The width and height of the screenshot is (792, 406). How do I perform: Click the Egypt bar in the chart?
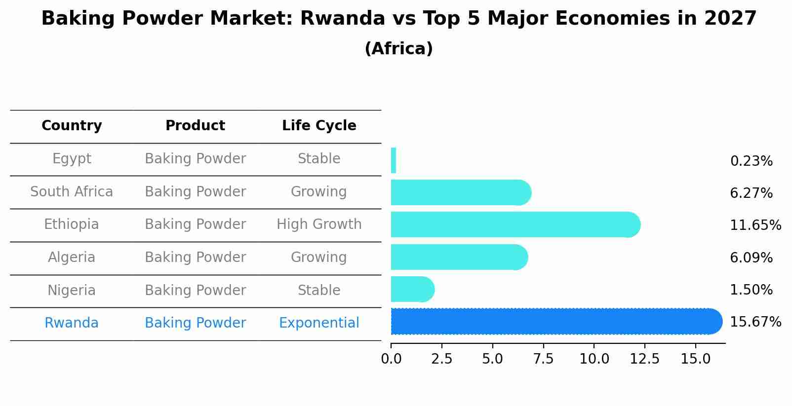click(394, 160)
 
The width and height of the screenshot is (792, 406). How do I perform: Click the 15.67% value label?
click(755, 322)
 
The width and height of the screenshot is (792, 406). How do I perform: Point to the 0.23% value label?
click(751, 161)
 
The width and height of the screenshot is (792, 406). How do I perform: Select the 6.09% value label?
click(751, 258)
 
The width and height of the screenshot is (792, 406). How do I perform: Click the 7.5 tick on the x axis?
click(543, 359)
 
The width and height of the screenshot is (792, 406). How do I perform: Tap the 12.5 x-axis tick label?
click(644, 359)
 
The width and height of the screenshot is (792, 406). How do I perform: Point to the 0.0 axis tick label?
click(391, 359)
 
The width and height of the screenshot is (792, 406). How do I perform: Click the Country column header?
click(72, 126)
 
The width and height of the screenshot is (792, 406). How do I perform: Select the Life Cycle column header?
click(319, 126)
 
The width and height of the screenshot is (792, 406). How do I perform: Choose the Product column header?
click(195, 126)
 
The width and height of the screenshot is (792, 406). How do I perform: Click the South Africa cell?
click(72, 191)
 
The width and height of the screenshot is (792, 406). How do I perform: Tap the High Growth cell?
click(319, 224)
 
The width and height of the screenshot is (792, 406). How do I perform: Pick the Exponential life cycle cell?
click(319, 323)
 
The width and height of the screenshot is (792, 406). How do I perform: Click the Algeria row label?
click(72, 258)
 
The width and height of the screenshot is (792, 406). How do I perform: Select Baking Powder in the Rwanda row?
click(195, 323)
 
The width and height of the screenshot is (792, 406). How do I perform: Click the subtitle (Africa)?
click(398, 49)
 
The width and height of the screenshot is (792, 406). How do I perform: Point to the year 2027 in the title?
click(730, 19)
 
